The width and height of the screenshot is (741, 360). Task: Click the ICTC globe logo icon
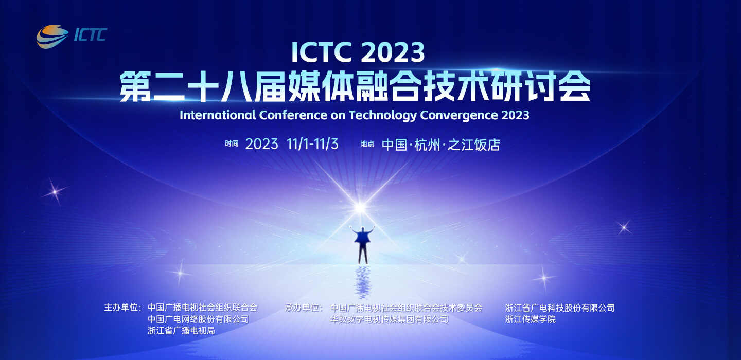tap(52, 37)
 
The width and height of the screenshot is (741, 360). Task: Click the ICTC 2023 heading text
tap(358, 52)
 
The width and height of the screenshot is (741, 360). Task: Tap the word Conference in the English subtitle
tap(293, 115)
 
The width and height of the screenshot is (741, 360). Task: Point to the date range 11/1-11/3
tap(312, 144)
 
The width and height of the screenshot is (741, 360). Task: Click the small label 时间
tap(232, 143)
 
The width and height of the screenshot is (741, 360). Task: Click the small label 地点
tap(367, 144)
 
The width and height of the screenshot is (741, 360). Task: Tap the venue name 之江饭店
tap(474, 145)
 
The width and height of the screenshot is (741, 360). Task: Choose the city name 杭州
tap(427, 145)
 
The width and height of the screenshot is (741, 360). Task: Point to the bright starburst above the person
tap(360, 208)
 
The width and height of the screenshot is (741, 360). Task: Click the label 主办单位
tap(122, 308)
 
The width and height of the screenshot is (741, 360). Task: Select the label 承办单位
tap(304, 308)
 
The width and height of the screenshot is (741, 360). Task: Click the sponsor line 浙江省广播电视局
tap(181, 331)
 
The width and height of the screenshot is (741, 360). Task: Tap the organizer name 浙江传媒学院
tap(530, 319)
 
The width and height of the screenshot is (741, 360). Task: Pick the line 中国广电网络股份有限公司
tap(198, 319)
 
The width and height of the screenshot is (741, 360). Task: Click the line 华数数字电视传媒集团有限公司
tap(390, 319)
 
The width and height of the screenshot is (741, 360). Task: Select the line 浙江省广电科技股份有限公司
tap(560, 308)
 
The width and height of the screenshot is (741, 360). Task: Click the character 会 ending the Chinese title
tap(575, 86)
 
